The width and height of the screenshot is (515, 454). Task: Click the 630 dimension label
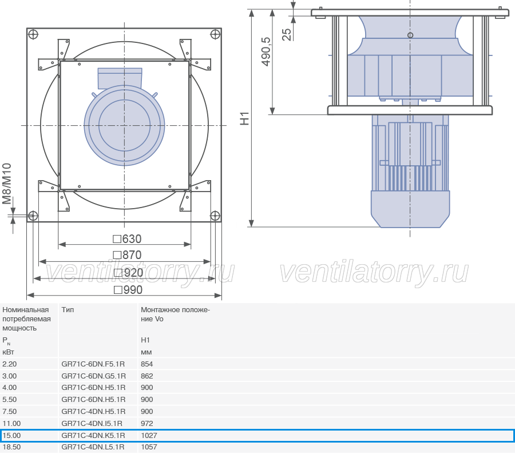tap(127, 239)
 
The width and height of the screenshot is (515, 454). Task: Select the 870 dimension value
tap(127, 255)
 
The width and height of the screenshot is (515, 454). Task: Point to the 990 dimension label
tap(128, 290)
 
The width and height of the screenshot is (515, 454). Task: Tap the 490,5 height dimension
tap(266, 51)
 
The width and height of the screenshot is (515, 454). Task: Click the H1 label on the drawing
tap(245, 118)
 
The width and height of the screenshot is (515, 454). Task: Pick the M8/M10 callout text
tap(7, 184)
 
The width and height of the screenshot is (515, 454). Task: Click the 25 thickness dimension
tap(287, 34)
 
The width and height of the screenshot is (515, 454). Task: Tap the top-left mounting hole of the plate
tap(33, 34)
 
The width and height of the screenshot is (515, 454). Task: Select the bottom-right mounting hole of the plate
tap(215, 216)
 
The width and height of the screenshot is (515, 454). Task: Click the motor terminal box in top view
tap(120, 78)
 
